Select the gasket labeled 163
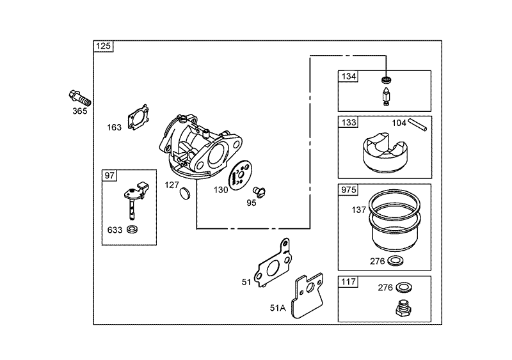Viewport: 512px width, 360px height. (138, 117)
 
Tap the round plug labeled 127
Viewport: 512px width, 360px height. (185, 193)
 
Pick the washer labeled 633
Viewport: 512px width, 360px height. (132, 230)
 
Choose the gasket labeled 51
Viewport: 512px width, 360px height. (273, 263)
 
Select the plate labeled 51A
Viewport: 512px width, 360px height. (309, 296)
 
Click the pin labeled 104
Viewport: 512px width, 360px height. (419, 125)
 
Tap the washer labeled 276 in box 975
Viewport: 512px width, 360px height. (396, 261)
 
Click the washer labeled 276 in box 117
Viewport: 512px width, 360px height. (404, 288)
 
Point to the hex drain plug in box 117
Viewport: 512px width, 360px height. (404, 308)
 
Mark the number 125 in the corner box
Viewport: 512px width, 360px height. (104, 46)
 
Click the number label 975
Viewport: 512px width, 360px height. (348, 190)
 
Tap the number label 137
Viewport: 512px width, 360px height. (359, 210)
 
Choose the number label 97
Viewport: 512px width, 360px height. (109, 176)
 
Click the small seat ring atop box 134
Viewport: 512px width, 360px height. (387, 79)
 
